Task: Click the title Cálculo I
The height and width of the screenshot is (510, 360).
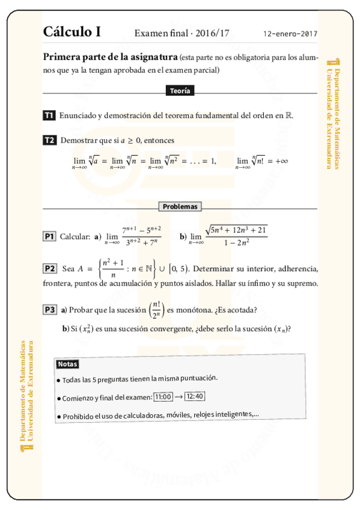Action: coord(72,32)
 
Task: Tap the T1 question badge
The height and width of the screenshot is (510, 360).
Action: coord(49,115)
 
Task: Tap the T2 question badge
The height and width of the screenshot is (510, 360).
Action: coord(49,140)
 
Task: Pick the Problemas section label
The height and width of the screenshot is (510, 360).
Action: coord(180,206)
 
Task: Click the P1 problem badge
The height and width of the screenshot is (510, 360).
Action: coord(49,236)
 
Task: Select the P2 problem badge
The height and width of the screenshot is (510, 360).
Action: coord(50,268)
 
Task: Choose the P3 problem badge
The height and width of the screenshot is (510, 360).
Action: coord(50,310)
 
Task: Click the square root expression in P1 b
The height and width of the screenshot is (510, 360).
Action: coord(236,230)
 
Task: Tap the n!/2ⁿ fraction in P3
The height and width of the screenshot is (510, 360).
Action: coord(156,310)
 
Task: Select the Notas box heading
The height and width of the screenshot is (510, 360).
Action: coord(67,364)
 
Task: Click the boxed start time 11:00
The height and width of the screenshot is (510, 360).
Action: coord(163,397)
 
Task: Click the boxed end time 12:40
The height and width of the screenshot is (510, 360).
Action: coord(195,396)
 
